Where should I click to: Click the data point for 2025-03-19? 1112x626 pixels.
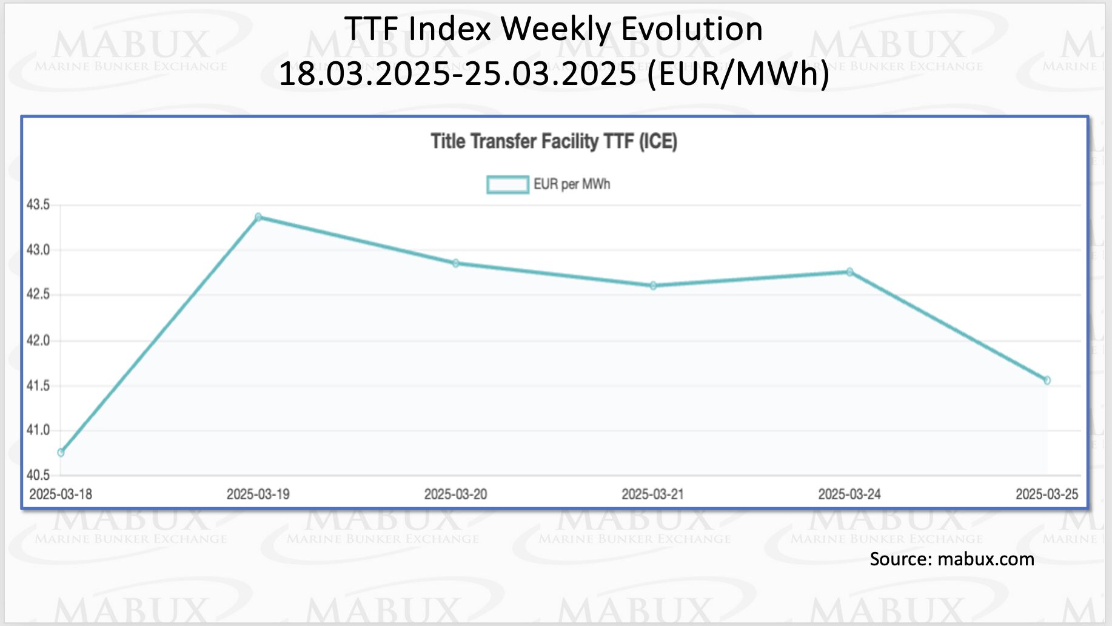[x=258, y=217]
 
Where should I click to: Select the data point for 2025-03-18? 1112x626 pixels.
[x=61, y=453]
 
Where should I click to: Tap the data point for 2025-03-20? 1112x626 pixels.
[x=456, y=263]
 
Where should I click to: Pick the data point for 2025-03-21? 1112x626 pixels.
[x=653, y=286]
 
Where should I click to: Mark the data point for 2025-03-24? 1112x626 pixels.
[x=849, y=272]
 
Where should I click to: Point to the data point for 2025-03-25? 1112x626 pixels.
[x=1047, y=380]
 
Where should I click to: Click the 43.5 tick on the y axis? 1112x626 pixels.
[x=38, y=205]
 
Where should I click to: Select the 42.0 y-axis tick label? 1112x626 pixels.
[x=38, y=340]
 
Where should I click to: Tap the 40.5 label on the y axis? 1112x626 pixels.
[x=38, y=475]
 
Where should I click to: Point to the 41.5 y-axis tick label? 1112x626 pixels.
[x=38, y=386]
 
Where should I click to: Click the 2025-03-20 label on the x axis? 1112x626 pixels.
[x=455, y=494]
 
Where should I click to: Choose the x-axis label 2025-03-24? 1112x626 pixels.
[x=849, y=494]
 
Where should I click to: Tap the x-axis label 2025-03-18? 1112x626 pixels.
[x=61, y=494]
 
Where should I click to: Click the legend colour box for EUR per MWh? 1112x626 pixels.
[x=507, y=184]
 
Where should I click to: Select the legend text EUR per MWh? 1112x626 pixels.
[x=572, y=184]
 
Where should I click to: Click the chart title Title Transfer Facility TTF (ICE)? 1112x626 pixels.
[x=554, y=141]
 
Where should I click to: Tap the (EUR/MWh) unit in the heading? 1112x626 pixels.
[x=739, y=74]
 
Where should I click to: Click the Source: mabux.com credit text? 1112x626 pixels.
[x=952, y=559]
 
